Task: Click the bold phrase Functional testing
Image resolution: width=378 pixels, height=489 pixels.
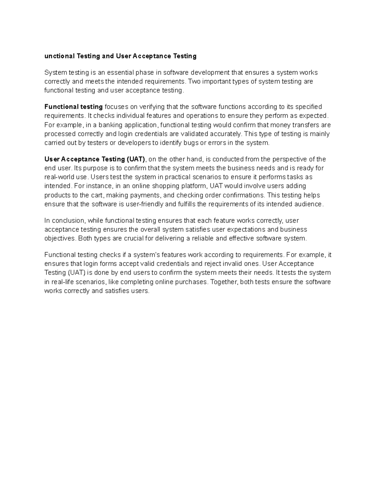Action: [73, 107]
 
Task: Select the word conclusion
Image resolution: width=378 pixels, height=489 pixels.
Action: [68, 220]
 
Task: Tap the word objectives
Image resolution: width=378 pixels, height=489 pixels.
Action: [60, 238]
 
